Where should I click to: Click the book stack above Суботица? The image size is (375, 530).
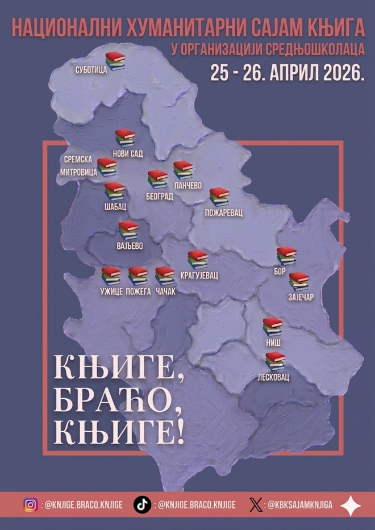115,60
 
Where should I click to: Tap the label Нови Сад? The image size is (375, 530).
130,153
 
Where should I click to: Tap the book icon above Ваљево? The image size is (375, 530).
128,230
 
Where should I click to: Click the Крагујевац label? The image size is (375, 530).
200,274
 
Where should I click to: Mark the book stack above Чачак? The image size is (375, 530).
165,276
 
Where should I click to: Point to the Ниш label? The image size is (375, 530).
273,343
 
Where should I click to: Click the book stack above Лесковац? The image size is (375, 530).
275,361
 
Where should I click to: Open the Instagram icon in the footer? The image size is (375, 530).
31,504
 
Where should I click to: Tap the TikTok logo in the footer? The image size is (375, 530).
141,504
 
